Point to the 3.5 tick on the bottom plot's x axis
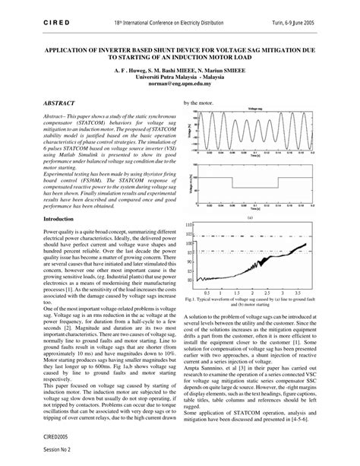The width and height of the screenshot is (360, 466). click(x=298, y=292)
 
